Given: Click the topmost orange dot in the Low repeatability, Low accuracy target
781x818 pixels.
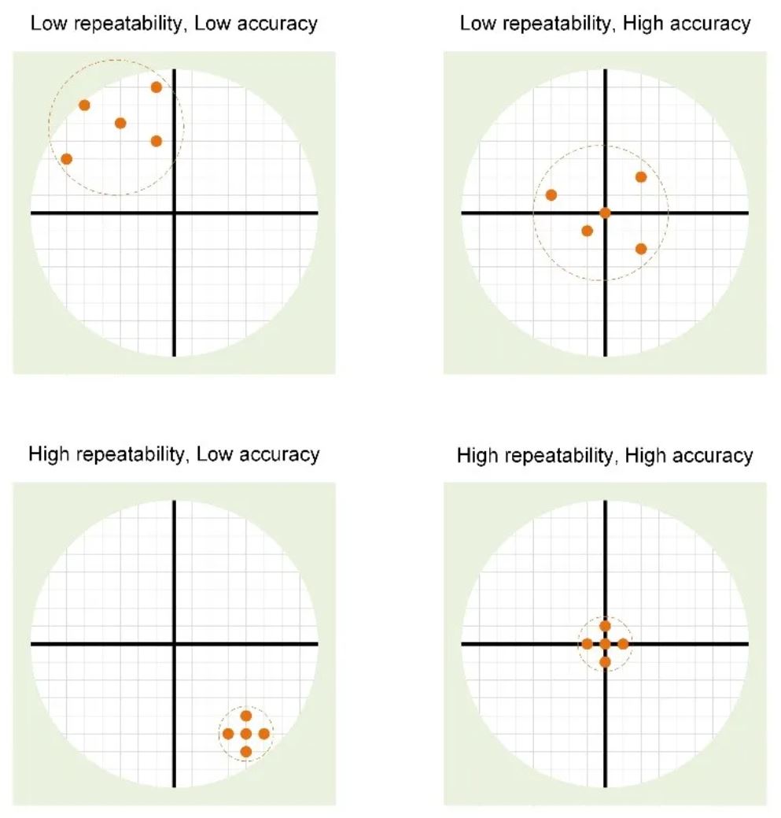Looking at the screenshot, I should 157,87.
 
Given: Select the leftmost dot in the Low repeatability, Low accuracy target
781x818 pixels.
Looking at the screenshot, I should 67,159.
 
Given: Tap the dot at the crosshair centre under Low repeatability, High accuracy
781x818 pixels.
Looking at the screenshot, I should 605,213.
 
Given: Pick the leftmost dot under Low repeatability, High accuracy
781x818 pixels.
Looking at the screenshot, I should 551,194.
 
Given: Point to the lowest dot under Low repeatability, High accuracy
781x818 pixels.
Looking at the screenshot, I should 641,249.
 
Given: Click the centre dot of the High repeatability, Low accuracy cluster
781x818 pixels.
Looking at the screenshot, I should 246,734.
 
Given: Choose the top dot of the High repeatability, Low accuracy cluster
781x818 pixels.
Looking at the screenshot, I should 246,716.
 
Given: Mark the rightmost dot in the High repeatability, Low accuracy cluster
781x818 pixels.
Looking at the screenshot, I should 264,734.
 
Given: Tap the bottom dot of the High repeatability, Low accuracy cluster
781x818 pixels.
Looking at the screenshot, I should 246,752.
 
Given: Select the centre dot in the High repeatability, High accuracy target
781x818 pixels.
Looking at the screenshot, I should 605,644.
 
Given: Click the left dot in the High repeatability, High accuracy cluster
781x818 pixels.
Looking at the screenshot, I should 587,644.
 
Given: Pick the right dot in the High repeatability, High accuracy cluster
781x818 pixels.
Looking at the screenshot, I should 623,644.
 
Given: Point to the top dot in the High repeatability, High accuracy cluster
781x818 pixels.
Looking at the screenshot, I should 605,626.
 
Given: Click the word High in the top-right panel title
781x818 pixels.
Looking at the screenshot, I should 650,24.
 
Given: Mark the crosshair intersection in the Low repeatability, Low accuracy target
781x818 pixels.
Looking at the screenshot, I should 174,213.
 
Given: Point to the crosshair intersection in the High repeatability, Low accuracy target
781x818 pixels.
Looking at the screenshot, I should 174,644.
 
